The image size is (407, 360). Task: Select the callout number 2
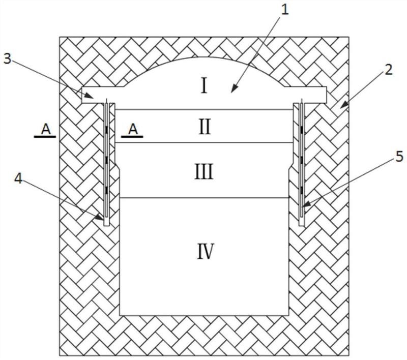388,70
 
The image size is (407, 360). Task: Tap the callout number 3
7,58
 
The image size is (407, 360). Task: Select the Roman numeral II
204,126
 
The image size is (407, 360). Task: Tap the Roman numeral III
204,172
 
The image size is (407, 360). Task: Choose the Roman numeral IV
205,251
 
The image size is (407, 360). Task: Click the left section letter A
46,130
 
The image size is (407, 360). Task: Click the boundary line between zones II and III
204,143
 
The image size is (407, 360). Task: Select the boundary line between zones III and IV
204,198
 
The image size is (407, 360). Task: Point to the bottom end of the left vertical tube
105,225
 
